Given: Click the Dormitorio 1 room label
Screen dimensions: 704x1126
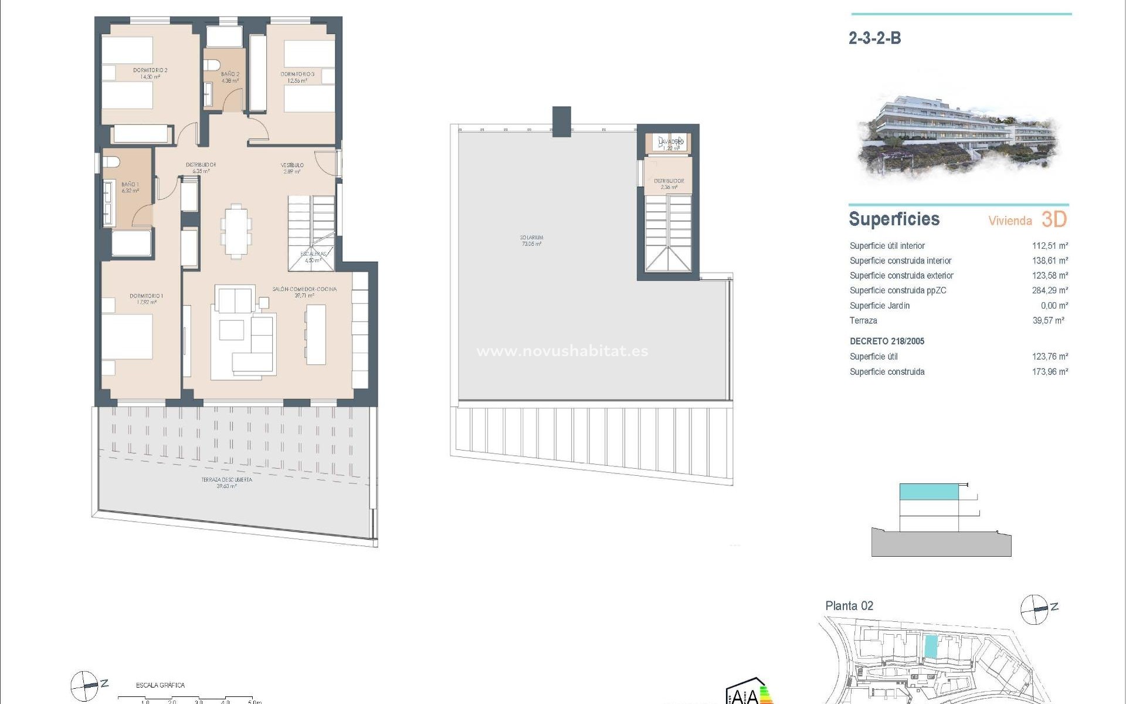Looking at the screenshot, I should pos(147,296).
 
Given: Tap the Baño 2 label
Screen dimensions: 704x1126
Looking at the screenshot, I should pos(230,75).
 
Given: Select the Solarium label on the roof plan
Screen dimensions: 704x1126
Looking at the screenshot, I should pos(531,238).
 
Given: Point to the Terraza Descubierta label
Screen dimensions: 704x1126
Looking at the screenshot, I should pos(227,480).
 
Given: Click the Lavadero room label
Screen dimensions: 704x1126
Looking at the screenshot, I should pos(671,142).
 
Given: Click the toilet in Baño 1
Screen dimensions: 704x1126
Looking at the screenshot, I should pos(111,161).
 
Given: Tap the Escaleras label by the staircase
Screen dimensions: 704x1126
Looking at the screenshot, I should pos(313,254).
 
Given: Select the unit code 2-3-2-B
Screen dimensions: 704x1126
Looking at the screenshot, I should pos(874,38).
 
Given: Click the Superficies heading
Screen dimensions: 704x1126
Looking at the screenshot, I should pos(894,219).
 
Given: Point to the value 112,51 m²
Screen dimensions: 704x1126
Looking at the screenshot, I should pos(1050,246).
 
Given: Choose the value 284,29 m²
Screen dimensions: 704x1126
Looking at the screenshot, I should pos(1050,290).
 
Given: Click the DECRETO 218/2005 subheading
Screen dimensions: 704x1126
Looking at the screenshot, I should pos(887,341).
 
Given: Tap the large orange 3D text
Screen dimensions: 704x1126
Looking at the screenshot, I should pos(1054,219).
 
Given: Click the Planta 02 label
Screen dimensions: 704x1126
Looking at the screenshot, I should pos(849,606).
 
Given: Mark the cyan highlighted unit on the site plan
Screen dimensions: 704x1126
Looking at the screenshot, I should pos(930,647).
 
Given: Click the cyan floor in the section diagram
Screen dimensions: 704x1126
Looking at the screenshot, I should pos(929,492).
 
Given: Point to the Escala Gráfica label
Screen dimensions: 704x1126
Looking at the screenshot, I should pos(160,685).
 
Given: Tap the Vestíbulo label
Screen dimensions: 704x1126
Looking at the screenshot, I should pos(291,165).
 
